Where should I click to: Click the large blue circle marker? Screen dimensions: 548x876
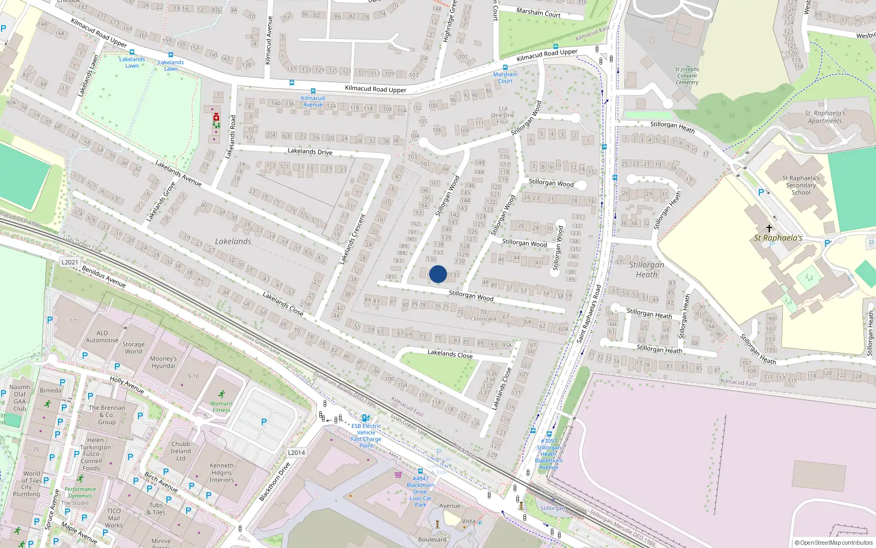[x=438, y=274]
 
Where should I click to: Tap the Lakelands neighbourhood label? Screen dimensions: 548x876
[x=233, y=241]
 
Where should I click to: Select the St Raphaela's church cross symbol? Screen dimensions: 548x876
[x=769, y=228]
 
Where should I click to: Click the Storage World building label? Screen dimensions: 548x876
[x=134, y=348]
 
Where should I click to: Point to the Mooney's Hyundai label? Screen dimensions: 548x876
[x=163, y=362]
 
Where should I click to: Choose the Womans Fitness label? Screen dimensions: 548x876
[x=221, y=407]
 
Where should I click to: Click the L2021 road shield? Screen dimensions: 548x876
[x=70, y=262]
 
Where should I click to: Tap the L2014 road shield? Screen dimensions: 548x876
[x=296, y=453]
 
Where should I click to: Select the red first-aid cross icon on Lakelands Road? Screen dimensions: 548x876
[x=216, y=117]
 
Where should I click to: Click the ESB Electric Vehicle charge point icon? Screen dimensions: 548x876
[x=365, y=418]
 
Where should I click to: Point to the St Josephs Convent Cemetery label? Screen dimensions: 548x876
[x=687, y=76]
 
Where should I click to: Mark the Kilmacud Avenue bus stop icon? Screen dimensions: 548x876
[x=313, y=91]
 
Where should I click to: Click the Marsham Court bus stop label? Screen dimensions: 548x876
[x=505, y=78]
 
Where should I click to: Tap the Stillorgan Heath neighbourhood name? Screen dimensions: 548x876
[x=647, y=269]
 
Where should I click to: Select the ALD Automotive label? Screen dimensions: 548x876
[x=102, y=336]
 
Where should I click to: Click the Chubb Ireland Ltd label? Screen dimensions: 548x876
[x=181, y=451]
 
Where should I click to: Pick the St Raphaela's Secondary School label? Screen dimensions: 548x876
[x=801, y=185]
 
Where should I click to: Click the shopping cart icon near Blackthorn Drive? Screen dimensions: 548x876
[x=398, y=475]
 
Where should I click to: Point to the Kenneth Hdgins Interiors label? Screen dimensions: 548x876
[x=221, y=472]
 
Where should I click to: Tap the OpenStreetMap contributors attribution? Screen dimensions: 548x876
[x=834, y=543]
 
